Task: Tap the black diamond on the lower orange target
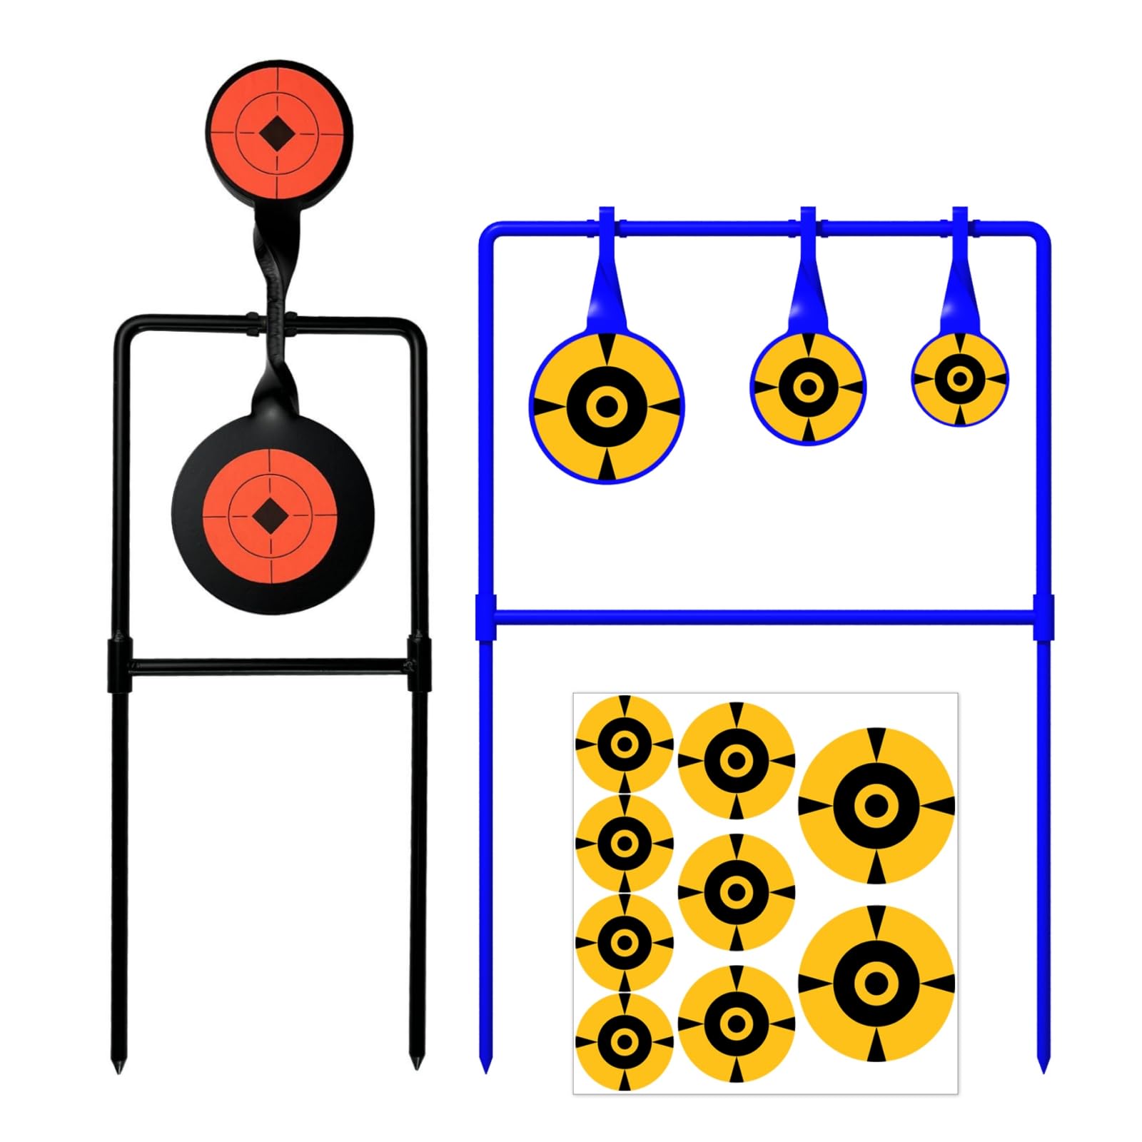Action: point(270,515)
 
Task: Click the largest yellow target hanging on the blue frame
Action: point(607,406)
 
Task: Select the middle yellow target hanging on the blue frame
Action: point(808,388)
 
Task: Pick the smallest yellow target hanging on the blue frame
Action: point(960,378)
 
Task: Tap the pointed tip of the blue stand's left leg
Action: point(485,1068)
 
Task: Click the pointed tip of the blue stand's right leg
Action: point(1043,1068)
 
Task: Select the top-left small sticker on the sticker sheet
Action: point(625,744)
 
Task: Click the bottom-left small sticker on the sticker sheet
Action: point(625,1041)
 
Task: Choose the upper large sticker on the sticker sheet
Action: point(876,806)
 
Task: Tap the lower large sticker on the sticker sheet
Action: point(876,984)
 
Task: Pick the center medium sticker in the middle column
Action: point(736,891)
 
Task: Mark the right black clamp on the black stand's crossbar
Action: point(419,665)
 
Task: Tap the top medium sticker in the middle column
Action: point(736,760)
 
